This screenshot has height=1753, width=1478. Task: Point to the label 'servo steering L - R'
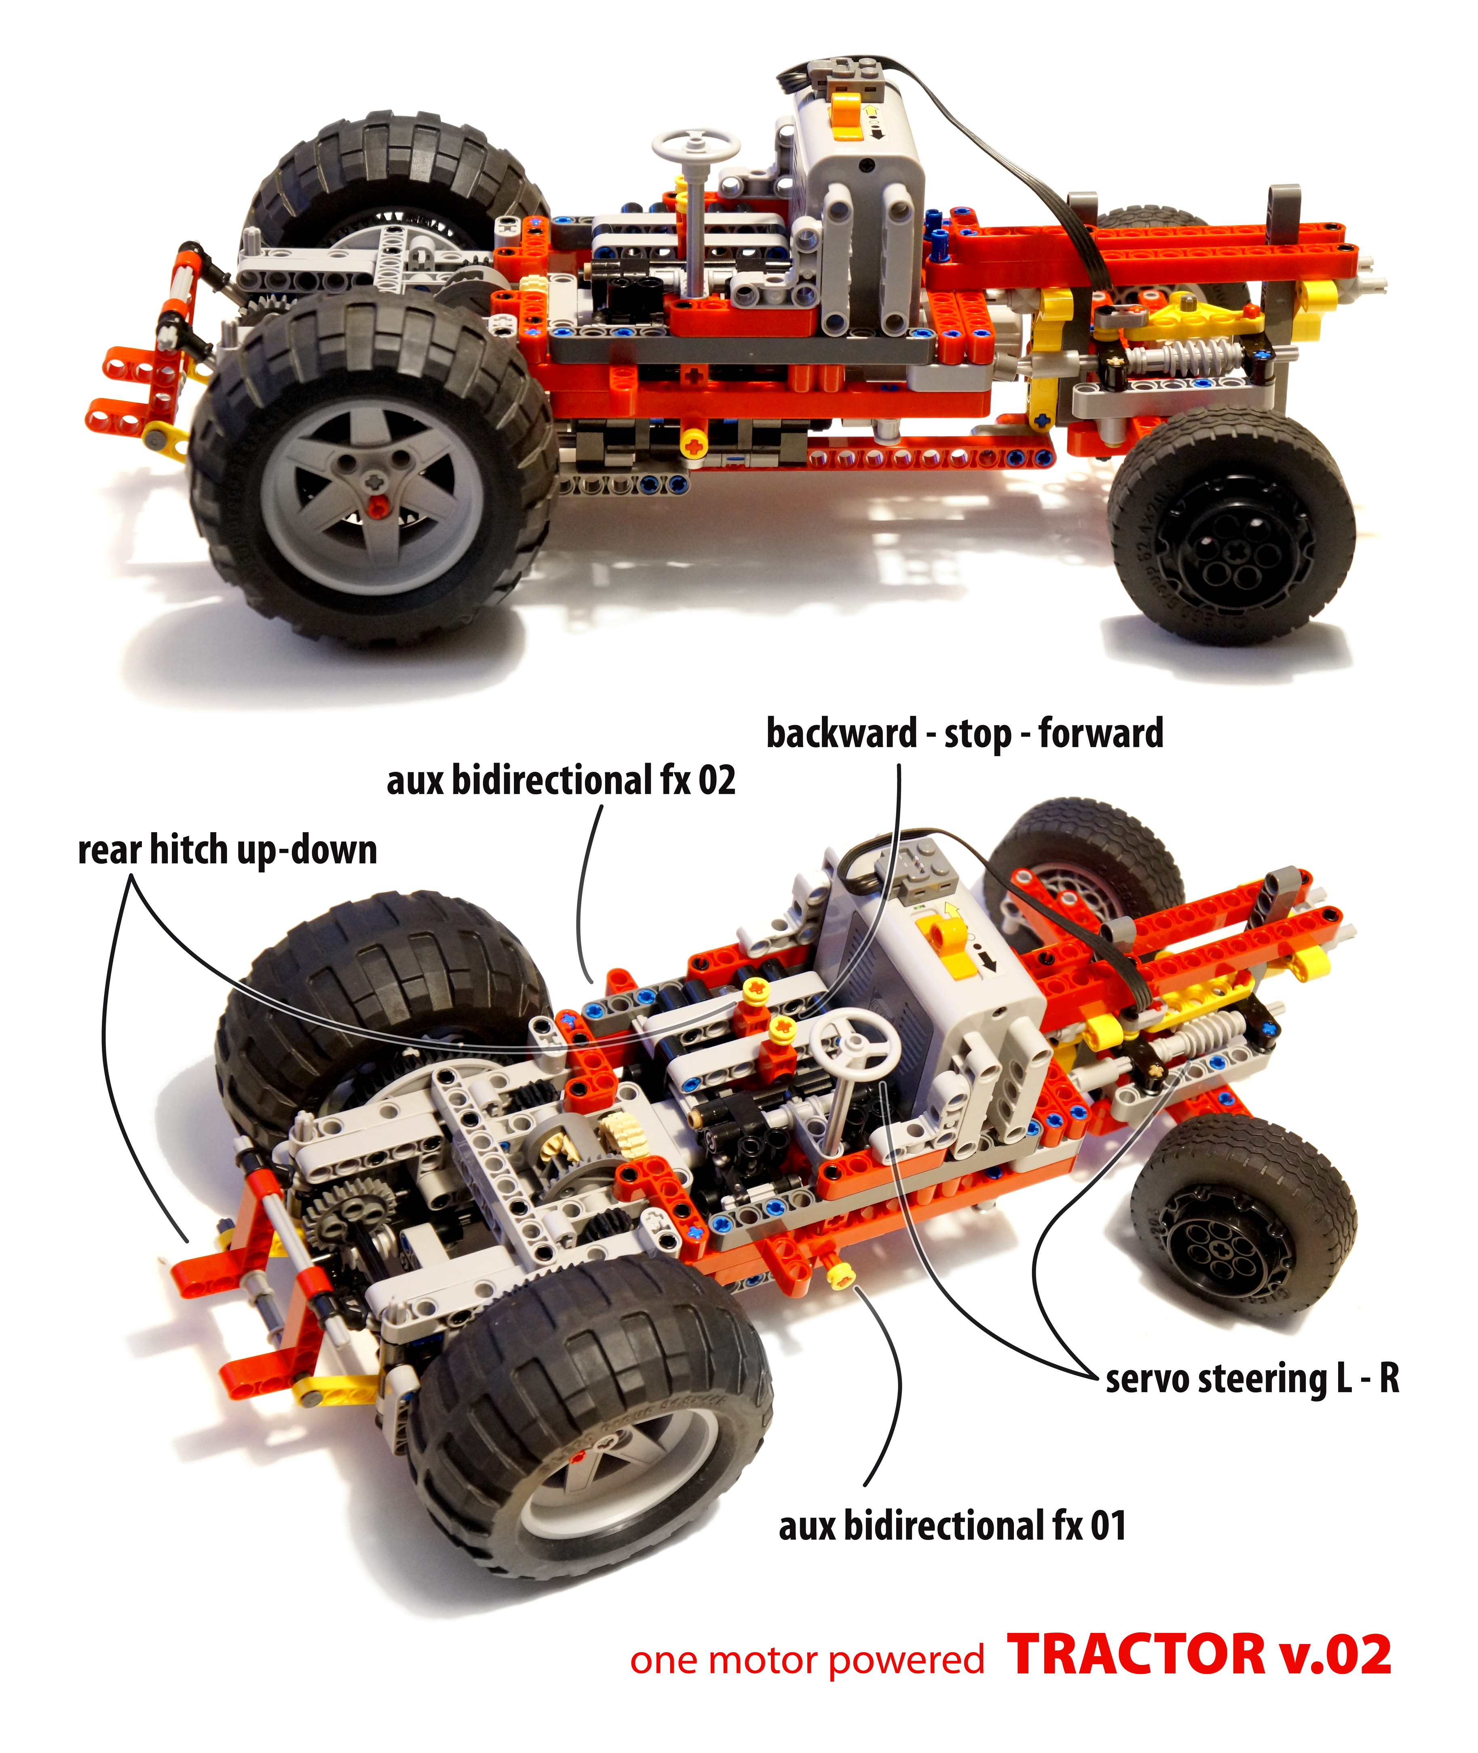tap(1252, 1379)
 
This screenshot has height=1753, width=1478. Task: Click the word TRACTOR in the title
tap(1137, 1655)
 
